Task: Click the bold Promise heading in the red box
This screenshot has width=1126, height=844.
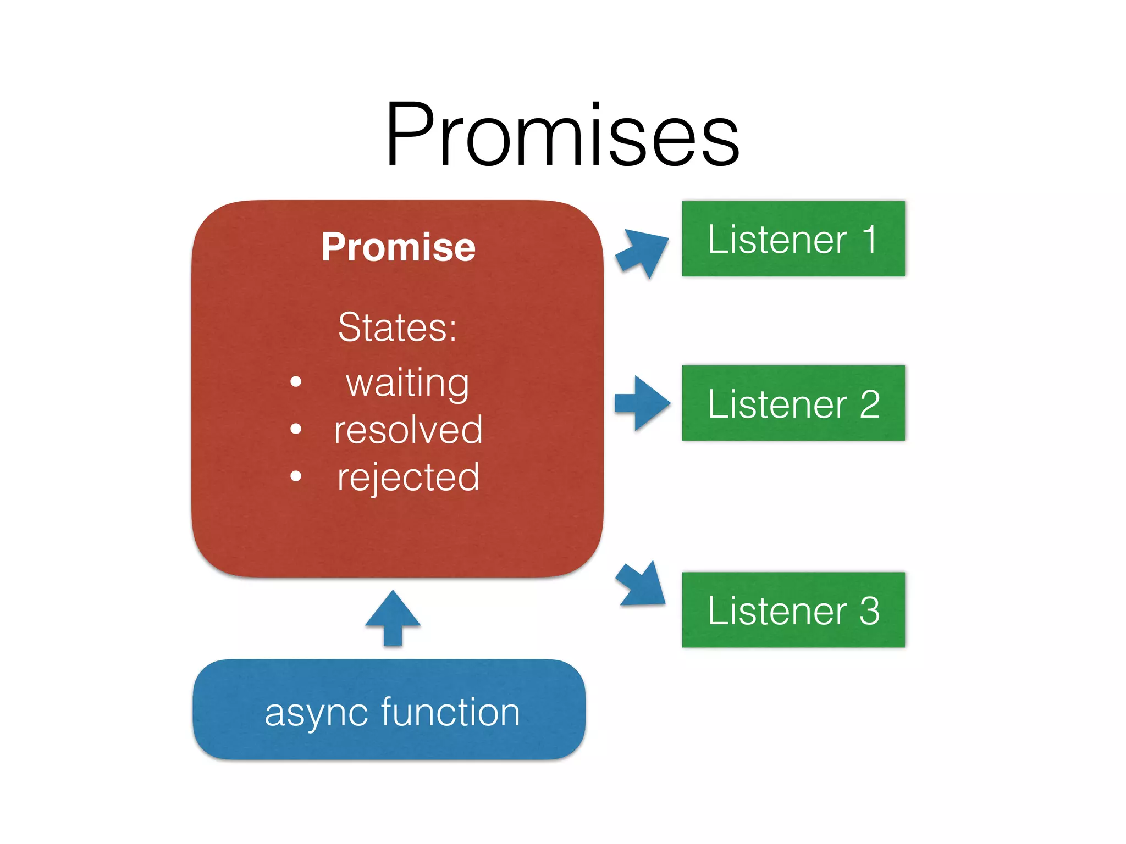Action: pos(398,247)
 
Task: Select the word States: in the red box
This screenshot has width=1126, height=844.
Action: pos(397,327)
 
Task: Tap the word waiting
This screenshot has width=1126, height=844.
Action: pos(407,382)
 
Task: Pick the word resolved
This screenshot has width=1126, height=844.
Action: pos(408,430)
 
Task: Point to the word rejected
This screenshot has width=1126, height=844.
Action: pos(408,477)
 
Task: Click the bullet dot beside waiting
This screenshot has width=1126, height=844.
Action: pos(296,381)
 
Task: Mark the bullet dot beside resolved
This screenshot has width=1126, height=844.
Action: pos(296,429)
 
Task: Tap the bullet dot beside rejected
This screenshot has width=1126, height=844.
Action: pos(296,476)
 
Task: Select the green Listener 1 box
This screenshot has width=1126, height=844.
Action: pos(793,238)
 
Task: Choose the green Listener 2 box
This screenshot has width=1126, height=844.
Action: pos(793,403)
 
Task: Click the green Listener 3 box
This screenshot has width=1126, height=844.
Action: pos(793,610)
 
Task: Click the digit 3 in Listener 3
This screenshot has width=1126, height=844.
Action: pos(869,610)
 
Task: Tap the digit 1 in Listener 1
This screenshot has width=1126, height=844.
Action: pos(869,239)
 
